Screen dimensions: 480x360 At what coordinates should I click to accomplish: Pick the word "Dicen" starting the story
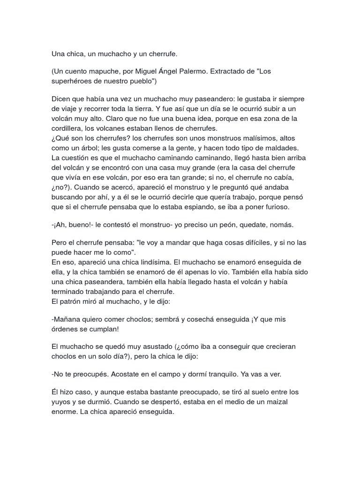point(61,99)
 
